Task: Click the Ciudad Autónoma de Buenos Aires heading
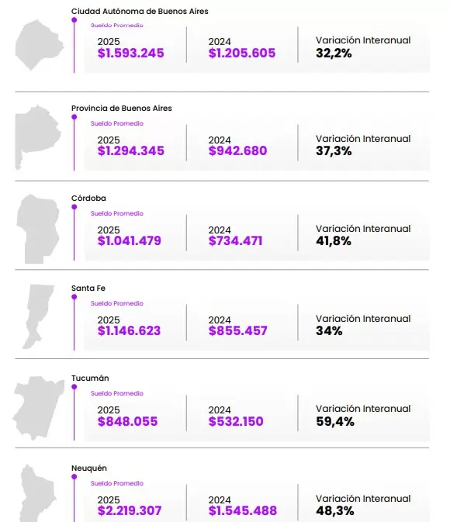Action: pos(140,12)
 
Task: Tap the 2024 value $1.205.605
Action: pos(242,54)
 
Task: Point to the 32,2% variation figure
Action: pos(334,54)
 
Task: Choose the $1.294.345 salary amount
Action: pos(131,151)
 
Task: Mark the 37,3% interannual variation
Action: pos(334,151)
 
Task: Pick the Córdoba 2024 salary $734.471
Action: pos(236,241)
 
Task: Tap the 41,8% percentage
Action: pos(334,241)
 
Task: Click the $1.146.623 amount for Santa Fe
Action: pos(130,331)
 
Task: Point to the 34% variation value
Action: pos(330,331)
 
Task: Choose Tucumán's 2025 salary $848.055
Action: pos(128,422)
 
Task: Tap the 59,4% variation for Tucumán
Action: pos(335,422)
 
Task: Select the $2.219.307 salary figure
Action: pos(131,512)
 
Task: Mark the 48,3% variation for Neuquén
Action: pos(335,512)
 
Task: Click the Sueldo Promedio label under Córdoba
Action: pos(117,213)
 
